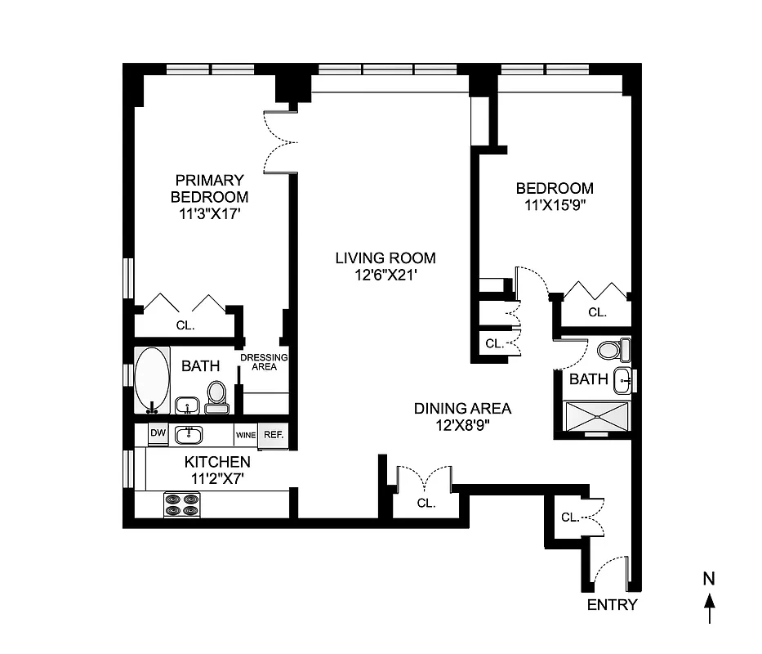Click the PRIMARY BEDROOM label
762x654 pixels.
coord(208,189)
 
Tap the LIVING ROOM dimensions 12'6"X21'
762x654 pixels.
coord(385,275)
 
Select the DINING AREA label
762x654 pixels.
coord(462,409)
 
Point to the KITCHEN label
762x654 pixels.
coord(216,462)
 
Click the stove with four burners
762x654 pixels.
coord(182,504)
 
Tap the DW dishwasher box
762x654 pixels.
coord(158,434)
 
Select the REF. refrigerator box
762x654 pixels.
coord(274,435)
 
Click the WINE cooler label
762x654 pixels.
coord(246,436)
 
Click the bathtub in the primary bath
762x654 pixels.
coord(152,379)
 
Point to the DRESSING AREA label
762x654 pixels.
coord(264,362)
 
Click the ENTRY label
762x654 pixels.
coord(612,606)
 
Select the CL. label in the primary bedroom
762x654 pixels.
coord(185,325)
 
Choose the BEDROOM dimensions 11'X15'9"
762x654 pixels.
coord(555,205)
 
